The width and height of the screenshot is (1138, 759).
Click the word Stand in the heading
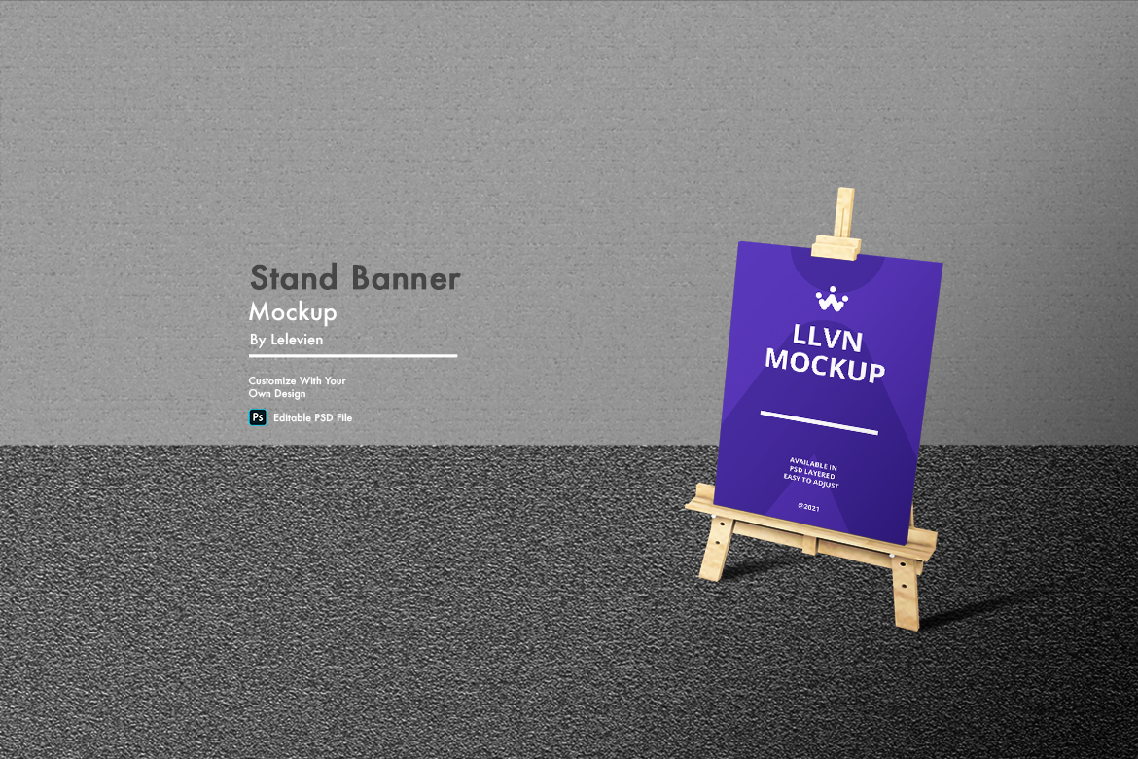coord(294,277)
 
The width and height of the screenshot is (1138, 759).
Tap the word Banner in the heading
coord(406,277)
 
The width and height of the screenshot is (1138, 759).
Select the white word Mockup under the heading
coord(293,312)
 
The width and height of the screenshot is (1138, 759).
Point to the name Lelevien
coord(297,340)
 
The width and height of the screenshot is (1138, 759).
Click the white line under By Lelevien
coord(353,356)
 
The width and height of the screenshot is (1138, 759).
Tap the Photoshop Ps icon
coord(258,417)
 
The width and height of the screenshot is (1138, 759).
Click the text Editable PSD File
coord(313,417)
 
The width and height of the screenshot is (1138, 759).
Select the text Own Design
coord(277,394)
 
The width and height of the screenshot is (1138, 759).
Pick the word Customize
coord(272,380)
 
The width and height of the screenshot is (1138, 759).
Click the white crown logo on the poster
coord(832,299)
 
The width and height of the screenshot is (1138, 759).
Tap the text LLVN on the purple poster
coord(828,339)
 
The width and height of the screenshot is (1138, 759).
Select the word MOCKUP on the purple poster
coord(825,365)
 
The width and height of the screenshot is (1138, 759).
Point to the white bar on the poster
coord(819,422)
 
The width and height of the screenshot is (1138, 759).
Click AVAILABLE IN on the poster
coord(813,464)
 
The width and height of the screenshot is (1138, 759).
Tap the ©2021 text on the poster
coord(808,507)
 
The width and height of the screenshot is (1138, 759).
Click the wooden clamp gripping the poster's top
coord(836,247)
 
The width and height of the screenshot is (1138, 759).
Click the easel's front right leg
coord(906,593)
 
